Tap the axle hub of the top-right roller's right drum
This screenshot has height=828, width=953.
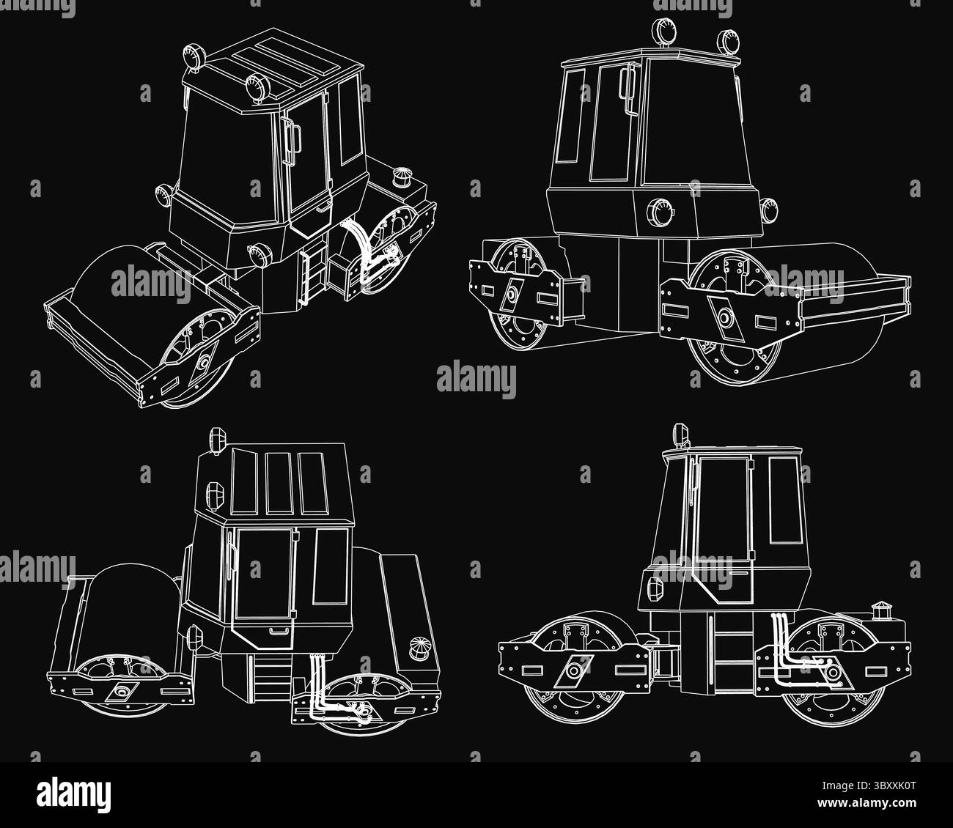pos(725,318)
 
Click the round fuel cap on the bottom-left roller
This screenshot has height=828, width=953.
pos(417,648)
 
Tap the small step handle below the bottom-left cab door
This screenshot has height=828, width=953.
pos(279,630)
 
